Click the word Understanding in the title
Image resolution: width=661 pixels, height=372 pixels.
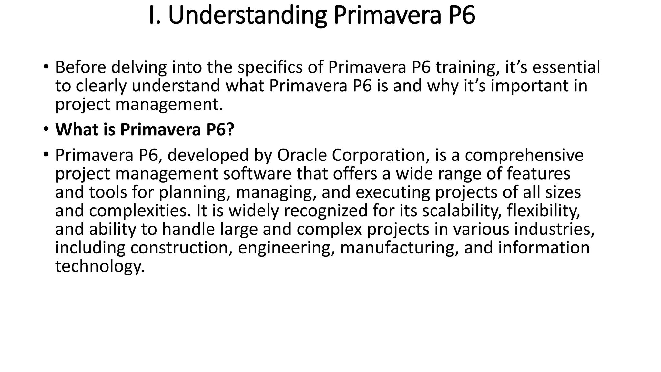coord(247,15)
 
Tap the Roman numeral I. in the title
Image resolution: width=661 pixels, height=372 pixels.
coord(155,15)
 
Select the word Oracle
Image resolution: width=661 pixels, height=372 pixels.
coord(302,155)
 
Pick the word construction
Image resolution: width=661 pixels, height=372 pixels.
coord(181,248)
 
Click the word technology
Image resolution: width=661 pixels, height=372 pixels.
coord(100,266)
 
